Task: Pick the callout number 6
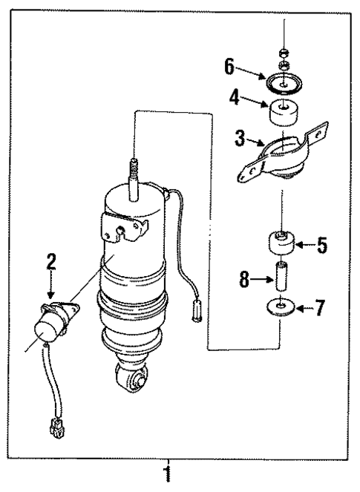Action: tap(231, 67)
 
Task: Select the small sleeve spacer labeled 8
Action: tap(281, 275)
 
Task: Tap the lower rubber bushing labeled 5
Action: tap(281, 242)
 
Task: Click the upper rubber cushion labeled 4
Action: tap(283, 113)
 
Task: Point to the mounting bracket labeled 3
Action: tap(283, 160)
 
